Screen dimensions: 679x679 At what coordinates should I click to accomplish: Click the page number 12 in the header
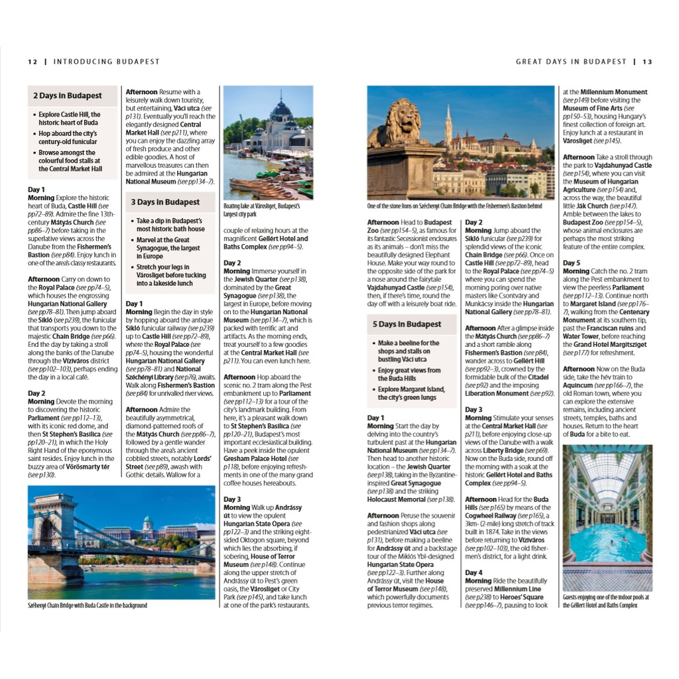[x=32, y=62]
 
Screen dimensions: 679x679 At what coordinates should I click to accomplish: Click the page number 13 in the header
[x=647, y=62]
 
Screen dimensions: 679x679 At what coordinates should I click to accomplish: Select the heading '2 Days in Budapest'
[x=68, y=95]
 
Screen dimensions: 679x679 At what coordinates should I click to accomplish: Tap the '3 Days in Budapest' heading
[x=165, y=202]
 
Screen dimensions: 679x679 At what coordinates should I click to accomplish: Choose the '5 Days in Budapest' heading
[x=406, y=324]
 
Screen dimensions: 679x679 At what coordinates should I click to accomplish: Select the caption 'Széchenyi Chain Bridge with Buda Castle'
[x=88, y=605]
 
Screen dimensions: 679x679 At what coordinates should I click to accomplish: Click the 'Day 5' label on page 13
[x=571, y=263]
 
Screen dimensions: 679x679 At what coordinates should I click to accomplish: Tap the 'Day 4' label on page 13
[x=473, y=572]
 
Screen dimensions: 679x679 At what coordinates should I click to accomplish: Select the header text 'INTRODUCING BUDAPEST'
[x=107, y=62]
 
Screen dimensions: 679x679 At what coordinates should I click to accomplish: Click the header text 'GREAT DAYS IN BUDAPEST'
[x=571, y=62]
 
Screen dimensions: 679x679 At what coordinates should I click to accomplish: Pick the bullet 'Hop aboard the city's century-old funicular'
[x=68, y=138]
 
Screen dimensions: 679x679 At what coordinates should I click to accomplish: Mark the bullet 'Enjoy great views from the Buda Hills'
[x=409, y=375]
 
